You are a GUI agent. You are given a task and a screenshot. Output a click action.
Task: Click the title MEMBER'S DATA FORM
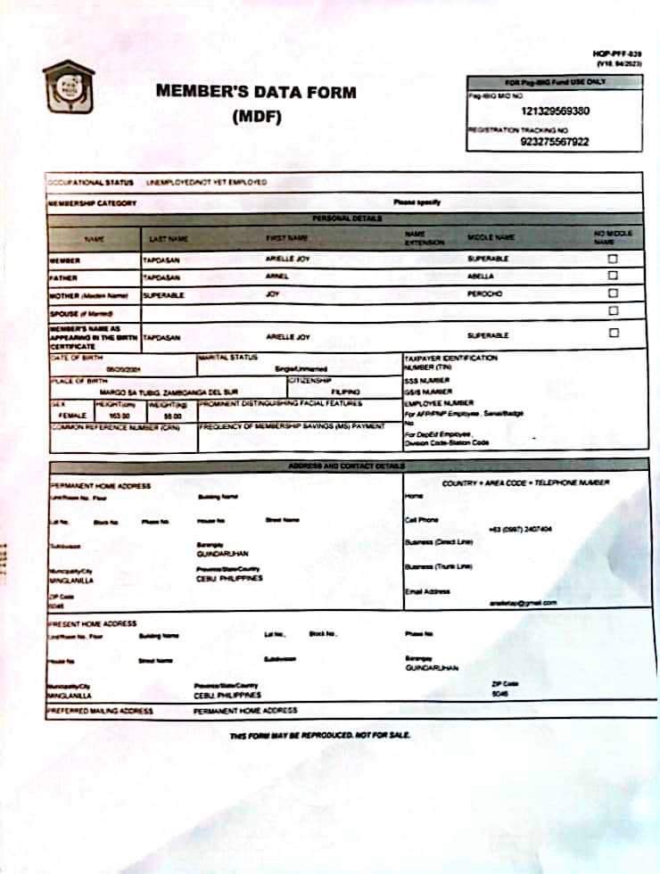[x=256, y=92]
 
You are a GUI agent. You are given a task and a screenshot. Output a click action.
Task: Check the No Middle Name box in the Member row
[x=612, y=259]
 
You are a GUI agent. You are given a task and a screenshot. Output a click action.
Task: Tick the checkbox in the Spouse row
[x=612, y=310]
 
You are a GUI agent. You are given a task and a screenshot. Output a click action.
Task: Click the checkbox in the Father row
[x=612, y=276]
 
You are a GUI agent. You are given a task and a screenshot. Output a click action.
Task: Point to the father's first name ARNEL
[x=278, y=276]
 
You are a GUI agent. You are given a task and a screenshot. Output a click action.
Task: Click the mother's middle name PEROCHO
[x=485, y=293]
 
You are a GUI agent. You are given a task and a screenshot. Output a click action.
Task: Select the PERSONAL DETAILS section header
[x=347, y=218]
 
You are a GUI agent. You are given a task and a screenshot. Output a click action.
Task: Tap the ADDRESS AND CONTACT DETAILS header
[x=346, y=466]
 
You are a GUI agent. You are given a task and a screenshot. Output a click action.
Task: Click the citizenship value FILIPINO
[x=345, y=392]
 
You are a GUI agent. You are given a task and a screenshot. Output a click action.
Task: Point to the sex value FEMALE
[x=71, y=416]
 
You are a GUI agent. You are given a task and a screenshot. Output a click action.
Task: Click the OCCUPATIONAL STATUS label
[x=90, y=182]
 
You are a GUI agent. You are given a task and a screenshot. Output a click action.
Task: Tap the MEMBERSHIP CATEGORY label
[x=92, y=203]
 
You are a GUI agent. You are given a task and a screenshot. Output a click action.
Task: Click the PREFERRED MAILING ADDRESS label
[x=100, y=711]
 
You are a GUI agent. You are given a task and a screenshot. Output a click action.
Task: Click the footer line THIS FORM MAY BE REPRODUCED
[x=318, y=735]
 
